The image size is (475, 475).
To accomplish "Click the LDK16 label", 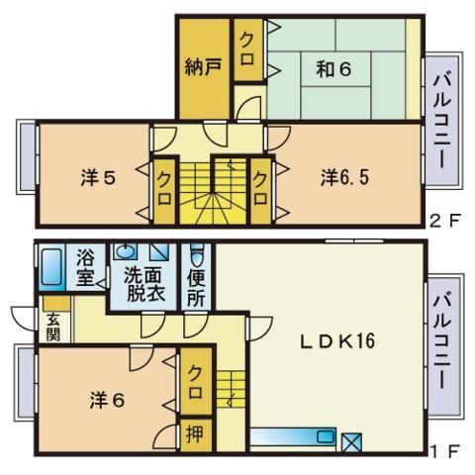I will pyautogui.click(x=335, y=341).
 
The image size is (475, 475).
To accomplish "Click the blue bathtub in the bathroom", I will pyautogui.click(x=52, y=267).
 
